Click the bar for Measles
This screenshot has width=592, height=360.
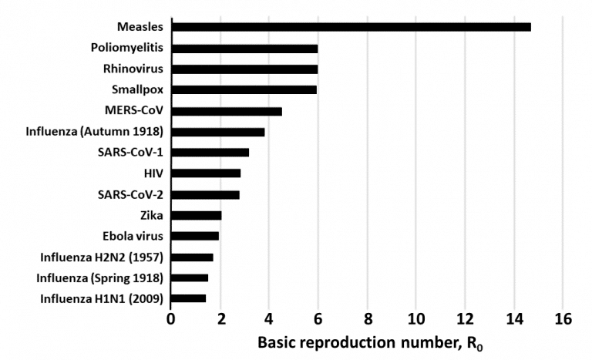(351, 27)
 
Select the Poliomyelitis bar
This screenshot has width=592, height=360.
(244, 48)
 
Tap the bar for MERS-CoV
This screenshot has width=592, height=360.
(227, 111)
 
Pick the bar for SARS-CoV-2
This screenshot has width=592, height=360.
(205, 195)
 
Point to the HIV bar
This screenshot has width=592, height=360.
(206, 173)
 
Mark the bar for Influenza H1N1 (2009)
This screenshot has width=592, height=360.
(189, 298)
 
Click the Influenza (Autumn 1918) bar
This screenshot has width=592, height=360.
(218, 132)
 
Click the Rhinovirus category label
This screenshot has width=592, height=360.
(133, 69)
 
